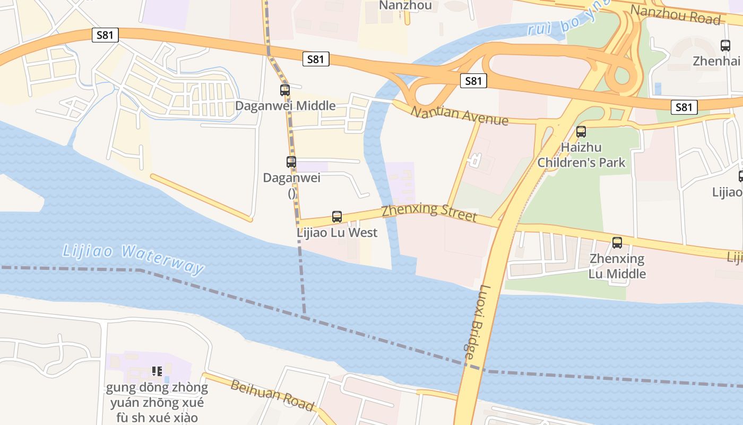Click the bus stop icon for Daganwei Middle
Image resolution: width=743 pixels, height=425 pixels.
(x=285, y=90)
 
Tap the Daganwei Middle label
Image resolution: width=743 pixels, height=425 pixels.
(x=285, y=105)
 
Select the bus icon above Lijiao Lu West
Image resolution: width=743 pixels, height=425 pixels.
(x=337, y=217)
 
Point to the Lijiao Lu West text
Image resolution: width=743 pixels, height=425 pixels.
(x=337, y=232)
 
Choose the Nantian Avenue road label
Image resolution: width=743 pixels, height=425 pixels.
(x=459, y=115)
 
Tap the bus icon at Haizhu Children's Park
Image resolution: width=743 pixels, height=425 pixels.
(x=581, y=132)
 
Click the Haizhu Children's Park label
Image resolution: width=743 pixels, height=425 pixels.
(x=582, y=155)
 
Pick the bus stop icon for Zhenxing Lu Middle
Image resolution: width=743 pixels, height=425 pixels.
(x=617, y=243)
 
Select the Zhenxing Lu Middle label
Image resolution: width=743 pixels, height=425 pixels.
(x=617, y=266)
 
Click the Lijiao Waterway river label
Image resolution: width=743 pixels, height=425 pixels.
(x=133, y=259)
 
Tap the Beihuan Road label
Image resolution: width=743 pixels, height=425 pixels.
(x=272, y=395)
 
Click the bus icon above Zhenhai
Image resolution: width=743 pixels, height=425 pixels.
(x=725, y=46)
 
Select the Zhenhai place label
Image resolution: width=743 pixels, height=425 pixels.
(x=716, y=61)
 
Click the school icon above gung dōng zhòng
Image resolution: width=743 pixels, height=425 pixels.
(x=157, y=371)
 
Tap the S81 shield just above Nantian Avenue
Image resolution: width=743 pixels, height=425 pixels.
(x=473, y=81)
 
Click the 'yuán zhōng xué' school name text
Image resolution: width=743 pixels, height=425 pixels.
(x=157, y=402)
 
